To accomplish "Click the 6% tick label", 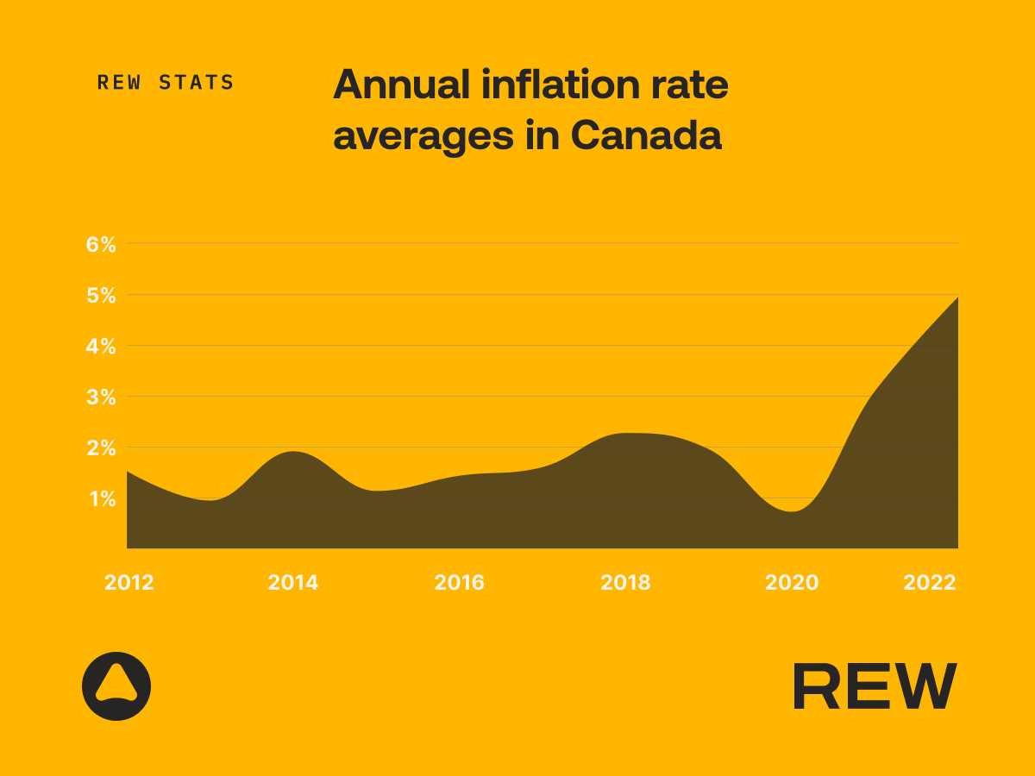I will [101, 244].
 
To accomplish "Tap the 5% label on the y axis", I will [101, 295].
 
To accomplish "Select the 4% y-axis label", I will [101, 346].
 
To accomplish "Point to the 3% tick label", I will [101, 397].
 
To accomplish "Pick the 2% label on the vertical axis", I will [101, 447].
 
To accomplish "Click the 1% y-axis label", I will [101, 498].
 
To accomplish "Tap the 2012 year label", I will [129, 583].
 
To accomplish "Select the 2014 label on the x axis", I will [293, 583].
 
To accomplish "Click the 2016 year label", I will [460, 583].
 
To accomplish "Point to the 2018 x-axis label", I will [626, 583].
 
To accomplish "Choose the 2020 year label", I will [792, 583].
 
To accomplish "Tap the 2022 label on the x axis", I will [930, 583].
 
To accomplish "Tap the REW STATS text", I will [166, 83].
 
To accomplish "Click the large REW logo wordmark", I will [874, 686].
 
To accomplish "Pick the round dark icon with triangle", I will [116, 686].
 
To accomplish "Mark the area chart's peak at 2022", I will [957, 297].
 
